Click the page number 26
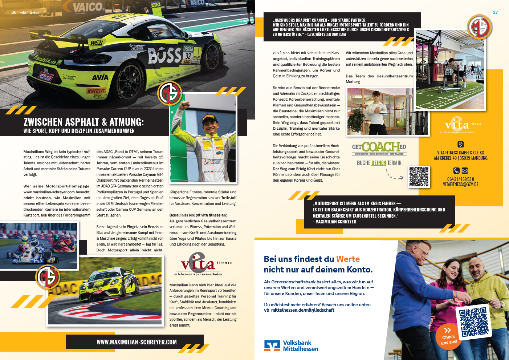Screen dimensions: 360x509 [14, 12]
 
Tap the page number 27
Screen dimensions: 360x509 [495, 12]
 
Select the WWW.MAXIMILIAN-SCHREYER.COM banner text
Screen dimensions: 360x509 [137, 342]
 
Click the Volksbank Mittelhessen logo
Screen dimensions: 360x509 [291, 346]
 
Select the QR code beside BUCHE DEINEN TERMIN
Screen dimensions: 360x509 [419, 177]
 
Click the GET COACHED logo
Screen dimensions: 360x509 [379, 148]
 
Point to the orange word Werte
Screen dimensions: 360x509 [348, 259]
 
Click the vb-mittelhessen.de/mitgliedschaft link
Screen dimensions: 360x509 [299, 310]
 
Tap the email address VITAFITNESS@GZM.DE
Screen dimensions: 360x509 [460, 185]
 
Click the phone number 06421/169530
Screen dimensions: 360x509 [460, 179]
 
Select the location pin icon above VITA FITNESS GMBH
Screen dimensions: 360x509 [460, 144]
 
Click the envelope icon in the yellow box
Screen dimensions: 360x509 [465, 171]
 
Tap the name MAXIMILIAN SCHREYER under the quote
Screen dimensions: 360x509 [336, 222]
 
